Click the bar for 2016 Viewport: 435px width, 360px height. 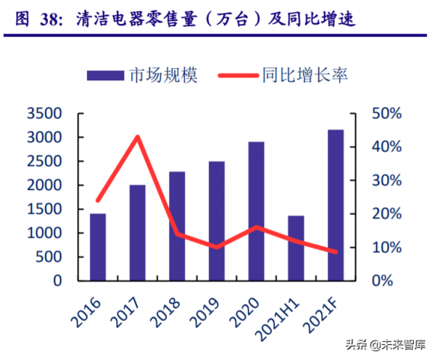click(x=98, y=247)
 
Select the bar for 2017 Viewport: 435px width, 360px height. click(x=138, y=233)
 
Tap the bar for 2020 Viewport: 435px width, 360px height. click(x=257, y=211)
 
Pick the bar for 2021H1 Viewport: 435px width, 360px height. click(x=296, y=248)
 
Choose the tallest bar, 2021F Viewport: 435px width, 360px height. click(x=336, y=205)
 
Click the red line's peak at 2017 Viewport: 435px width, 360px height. click(x=138, y=136)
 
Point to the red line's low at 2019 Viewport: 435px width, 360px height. click(x=217, y=247)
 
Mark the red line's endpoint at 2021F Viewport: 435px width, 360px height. click(x=336, y=252)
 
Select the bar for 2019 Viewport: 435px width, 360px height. click(x=217, y=221)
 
